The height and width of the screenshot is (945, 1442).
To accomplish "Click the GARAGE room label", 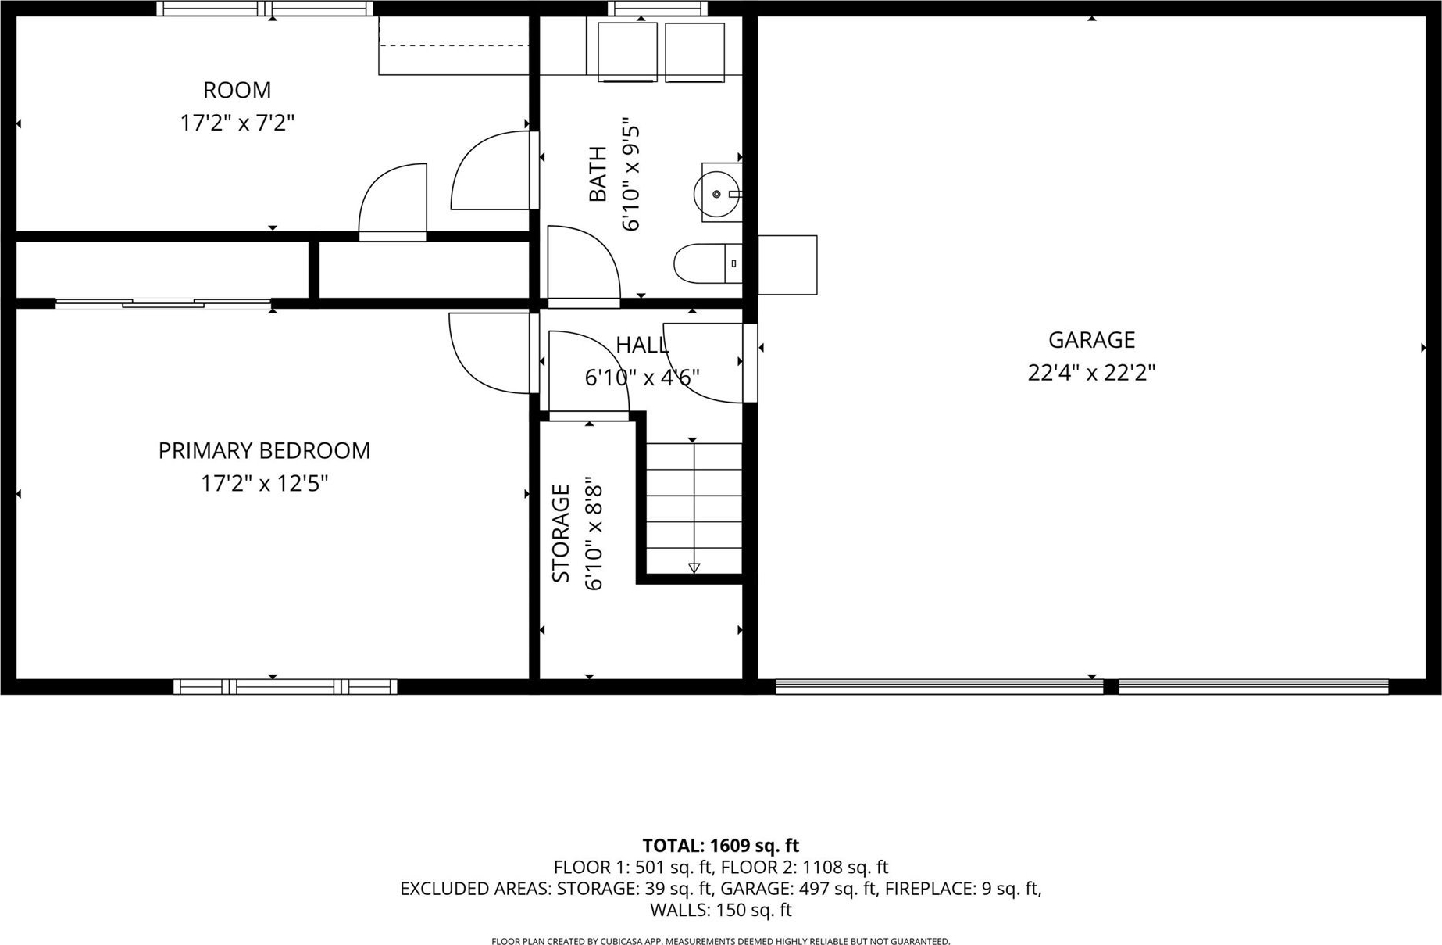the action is [1091, 340].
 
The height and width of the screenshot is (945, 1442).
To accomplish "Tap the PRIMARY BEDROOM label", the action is [264, 451].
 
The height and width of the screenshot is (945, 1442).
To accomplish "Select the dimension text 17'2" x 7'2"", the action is [237, 123].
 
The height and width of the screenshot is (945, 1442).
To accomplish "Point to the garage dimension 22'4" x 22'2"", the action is [1091, 373].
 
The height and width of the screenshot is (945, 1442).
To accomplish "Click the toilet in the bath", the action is [708, 263].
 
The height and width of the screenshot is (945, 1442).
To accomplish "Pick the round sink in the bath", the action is [716, 193].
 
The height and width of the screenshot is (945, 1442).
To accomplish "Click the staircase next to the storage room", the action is [694, 508].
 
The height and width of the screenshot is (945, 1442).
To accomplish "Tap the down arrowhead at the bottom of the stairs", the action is [694, 568].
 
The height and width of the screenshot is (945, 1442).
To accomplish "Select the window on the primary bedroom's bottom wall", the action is [285, 687].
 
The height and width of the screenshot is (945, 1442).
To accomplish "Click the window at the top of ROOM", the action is [265, 9].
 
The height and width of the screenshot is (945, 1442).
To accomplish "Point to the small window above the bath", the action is [658, 9].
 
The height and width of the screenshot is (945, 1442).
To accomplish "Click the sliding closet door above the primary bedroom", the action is [163, 303].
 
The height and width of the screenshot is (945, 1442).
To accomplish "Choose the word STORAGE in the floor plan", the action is [561, 533].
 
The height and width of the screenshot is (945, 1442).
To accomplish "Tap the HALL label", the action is [642, 345].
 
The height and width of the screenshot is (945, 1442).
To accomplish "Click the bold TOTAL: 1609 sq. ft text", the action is [721, 846].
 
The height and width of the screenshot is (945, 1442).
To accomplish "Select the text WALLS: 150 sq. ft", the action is [721, 910].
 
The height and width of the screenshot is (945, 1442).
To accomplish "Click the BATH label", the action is [598, 174].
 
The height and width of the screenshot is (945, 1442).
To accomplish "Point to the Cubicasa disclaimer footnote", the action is [721, 941].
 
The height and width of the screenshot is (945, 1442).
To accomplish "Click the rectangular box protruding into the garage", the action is [787, 265].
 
